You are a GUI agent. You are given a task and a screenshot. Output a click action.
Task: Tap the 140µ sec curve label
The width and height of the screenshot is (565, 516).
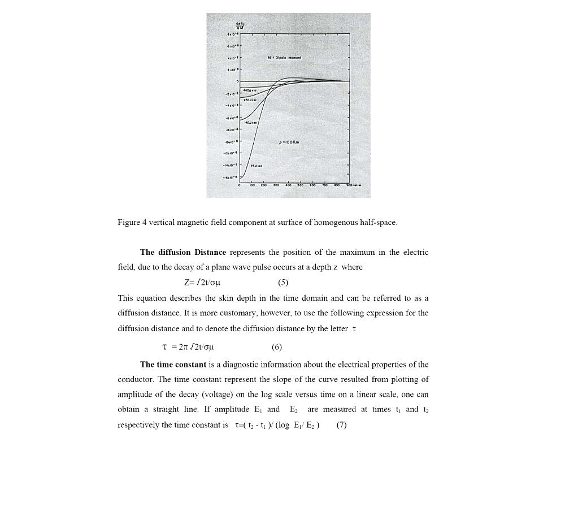point(250,123)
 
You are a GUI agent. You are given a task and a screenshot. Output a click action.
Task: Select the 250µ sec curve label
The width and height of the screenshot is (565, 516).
point(250,100)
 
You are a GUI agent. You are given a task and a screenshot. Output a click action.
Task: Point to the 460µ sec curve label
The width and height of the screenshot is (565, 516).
point(250,90)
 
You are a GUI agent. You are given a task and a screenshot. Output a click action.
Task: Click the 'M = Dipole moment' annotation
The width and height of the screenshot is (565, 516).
point(284,58)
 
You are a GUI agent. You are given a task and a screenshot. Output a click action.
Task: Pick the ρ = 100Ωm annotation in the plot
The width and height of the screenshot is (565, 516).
point(289,142)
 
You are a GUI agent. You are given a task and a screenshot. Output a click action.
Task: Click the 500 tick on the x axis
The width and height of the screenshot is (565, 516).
point(301,185)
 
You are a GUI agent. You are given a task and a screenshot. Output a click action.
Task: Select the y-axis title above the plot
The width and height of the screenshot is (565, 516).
point(240,25)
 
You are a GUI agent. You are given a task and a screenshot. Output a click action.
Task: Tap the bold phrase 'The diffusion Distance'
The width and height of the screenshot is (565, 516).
point(183,253)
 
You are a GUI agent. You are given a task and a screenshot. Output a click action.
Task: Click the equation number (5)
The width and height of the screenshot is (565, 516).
point(283,283)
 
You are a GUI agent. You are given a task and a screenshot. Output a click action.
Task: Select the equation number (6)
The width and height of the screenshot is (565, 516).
point(277,347)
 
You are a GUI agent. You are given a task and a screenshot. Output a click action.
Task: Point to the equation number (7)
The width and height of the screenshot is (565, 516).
point(341,425)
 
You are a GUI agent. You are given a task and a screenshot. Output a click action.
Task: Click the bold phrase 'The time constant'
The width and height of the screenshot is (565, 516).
point(173,365)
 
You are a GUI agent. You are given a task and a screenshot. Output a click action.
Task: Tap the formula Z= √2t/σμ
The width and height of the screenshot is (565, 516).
point(202,283)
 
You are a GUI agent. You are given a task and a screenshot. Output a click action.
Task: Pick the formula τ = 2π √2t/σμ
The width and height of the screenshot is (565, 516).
point(188,347)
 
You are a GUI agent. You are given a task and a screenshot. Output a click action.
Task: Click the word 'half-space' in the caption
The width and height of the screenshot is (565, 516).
point(378,223)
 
